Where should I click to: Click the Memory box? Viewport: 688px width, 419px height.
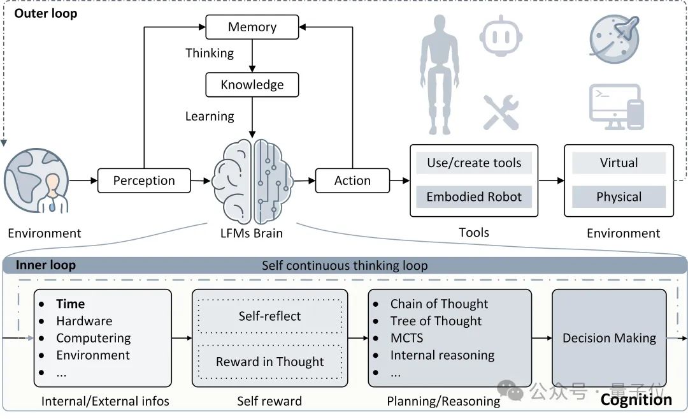[x=252, y=27]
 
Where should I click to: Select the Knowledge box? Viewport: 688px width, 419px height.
[x=252, y=85]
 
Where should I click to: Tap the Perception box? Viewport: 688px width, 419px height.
[x=144, y=180]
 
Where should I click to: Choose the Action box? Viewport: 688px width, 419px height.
[x=352, y=180]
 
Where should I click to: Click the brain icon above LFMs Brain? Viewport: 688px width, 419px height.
[x=252, y=181]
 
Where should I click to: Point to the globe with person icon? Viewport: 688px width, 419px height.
[x=36, y=180]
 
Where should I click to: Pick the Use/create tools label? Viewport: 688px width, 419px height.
[x=474, y=163]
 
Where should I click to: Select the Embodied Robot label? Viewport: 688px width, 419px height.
[x=474, y=197]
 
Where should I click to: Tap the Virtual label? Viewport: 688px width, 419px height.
[x=619, y=163]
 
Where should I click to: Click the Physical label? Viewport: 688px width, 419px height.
[x=619, y=197]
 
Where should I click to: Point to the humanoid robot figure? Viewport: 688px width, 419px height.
[x=440, y=75]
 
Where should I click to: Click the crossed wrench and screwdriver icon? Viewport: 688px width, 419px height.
[x=501, y=112]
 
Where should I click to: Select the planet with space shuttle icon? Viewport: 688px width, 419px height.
[x=614, y=39]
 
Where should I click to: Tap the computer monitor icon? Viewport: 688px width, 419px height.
[x=617, y=107]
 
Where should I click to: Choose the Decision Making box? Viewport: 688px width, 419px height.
[x=609, y=338]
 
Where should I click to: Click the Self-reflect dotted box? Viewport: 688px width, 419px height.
[x=270, y=316]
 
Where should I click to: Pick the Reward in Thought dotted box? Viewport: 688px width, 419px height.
[x=270, y=362]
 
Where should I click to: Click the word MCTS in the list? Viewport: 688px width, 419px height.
[x=406, y=338]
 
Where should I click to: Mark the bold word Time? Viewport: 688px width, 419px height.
[x=71, y=304]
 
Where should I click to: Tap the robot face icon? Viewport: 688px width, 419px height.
[x=501, y=36]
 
